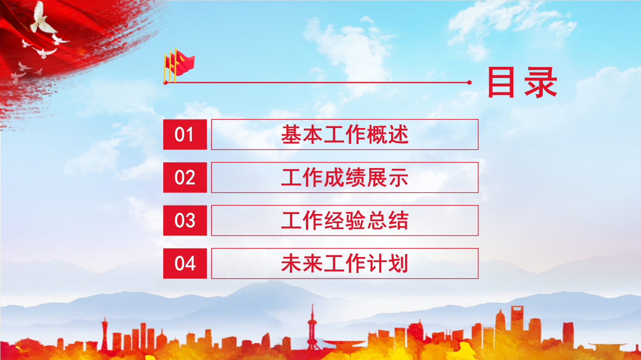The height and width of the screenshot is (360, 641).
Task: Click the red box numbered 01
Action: [185, 134]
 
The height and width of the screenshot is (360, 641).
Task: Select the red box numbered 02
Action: [185, 177]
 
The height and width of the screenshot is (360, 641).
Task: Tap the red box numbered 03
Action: [185, 220]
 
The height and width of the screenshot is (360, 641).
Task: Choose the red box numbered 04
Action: [185, 263]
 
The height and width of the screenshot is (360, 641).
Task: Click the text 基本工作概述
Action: [345, 135]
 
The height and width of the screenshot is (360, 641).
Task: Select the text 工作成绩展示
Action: [345, 178]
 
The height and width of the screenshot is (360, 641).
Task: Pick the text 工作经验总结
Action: [345, 220]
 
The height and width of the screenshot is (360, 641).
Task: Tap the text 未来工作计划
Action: [345, 263]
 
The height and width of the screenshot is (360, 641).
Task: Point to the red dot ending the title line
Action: [469, 82]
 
